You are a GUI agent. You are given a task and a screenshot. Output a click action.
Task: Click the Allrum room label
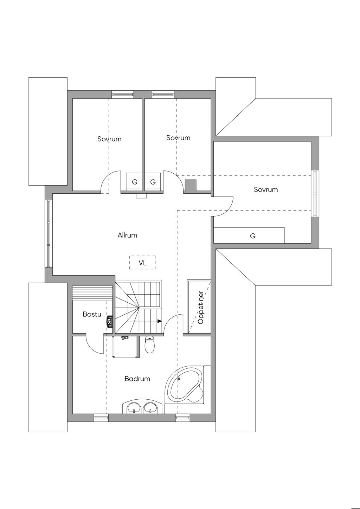click(127, 235)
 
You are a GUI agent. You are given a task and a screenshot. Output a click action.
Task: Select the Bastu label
click(92, 314)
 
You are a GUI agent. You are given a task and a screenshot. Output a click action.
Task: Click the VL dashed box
click(142, 263)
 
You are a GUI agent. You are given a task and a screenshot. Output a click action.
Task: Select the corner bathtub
click(184, 388)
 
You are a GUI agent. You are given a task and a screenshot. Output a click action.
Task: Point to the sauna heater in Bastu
click(110, 322)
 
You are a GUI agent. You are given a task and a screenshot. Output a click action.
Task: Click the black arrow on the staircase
click(160, 321)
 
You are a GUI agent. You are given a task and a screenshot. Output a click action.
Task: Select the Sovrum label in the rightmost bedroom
click(266, 189)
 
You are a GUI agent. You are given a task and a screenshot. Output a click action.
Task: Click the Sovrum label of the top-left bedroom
click(109, 139)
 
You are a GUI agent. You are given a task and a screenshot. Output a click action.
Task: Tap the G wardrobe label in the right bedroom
click(253, 236)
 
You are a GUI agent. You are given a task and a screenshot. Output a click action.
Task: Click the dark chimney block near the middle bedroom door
click(191, 185)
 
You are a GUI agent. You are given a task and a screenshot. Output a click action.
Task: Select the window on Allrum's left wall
click(49, 234)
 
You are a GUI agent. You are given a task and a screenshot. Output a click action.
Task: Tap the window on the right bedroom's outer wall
click(315, 193)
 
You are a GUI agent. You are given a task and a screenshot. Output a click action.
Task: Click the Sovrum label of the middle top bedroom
click(178, 138)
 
